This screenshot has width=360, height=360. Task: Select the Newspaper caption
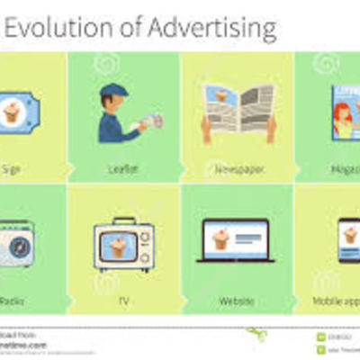[x=238, y=169]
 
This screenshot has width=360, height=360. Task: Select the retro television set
[x=124, y=245]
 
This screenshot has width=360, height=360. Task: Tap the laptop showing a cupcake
[x=236, y=241]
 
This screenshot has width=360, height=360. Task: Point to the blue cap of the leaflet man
[x=114, y=91]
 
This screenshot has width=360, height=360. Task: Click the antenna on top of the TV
[x=124, y=220]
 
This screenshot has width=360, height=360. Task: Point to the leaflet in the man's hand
[x=154, y=120]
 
